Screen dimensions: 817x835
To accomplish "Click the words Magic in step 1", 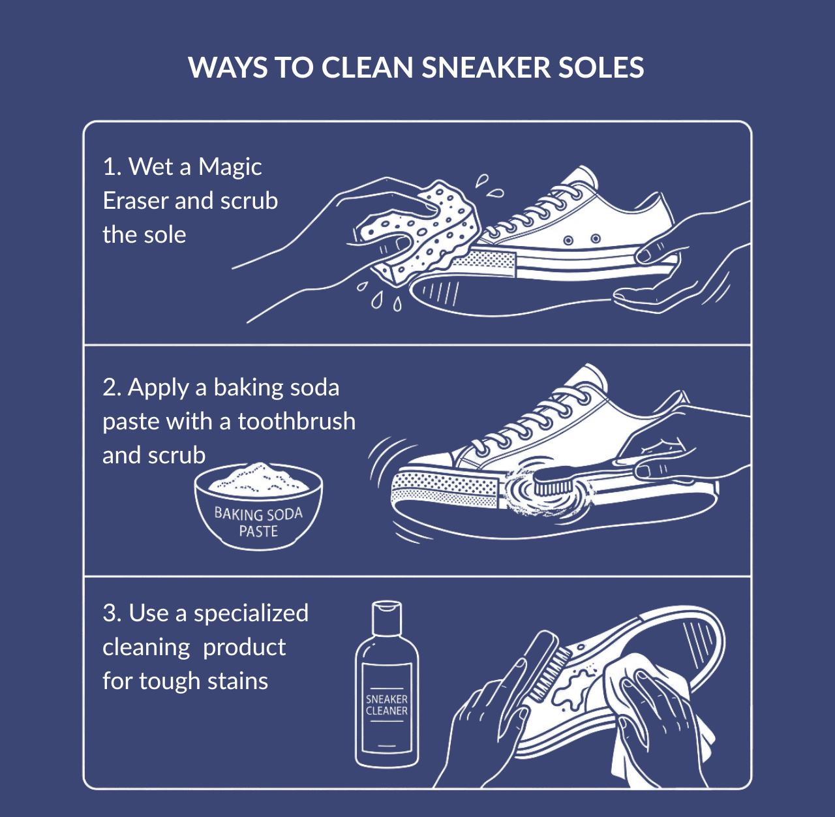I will pos(230,167).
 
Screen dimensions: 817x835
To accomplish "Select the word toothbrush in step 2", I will pos(296,422).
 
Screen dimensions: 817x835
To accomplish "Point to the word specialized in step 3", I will pos(250,613).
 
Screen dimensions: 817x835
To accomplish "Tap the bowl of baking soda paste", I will pos(258,509).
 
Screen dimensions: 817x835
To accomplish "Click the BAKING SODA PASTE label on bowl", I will pos(258,522).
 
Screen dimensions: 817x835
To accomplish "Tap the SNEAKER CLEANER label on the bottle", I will pos(387,705).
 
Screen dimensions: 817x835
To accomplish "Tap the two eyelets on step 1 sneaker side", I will pos(582,240).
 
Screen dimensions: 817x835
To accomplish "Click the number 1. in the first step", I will pos(112,167).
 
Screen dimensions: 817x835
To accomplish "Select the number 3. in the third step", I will pos(112,613).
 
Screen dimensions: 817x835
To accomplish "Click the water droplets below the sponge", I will pos(378,297).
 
